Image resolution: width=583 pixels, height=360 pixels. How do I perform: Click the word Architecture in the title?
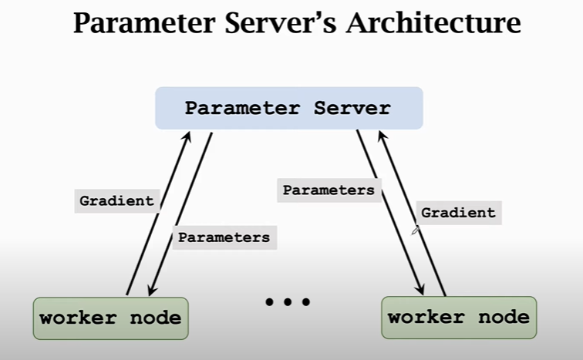pyautogui.click(x=433, y=24)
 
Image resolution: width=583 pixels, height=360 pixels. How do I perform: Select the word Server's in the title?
pyautogui.click(x=275, y=24)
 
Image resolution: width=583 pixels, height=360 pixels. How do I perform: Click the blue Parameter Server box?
pyautogui.click(x=288, y=108)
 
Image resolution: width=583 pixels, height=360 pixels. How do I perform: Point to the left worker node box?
pyautogui.click(x=110, y=318)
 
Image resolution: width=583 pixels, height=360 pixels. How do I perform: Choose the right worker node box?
pyautogui.click(x=458, y=317)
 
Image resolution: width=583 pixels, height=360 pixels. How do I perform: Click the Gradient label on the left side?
pyautogui.click(x=116, y=201)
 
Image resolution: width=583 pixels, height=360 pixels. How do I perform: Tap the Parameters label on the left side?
pyautogui.click(x=224, y=237)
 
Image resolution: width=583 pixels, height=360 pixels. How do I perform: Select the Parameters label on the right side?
pyautogui.click(x=329, y=190)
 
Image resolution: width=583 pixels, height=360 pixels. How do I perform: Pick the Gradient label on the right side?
pyautogui.click(x=458, y=213)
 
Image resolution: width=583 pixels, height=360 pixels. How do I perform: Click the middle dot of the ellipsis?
pyautogui.click(x=287, y=302)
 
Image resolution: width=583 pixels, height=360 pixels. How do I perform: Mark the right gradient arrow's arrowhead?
pyautogui.click(x=382, y=135)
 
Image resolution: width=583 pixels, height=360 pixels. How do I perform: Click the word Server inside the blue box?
pyautogui.click(x=352, y=108)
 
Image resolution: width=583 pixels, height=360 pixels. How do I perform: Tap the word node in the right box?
pyautogui.click(x=504, y=317)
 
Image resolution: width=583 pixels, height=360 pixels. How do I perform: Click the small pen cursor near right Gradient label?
pyautogui.click(x=416, y=229)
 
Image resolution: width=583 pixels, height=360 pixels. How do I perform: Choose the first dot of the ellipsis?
pyautogui.click(x=270, y=302)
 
